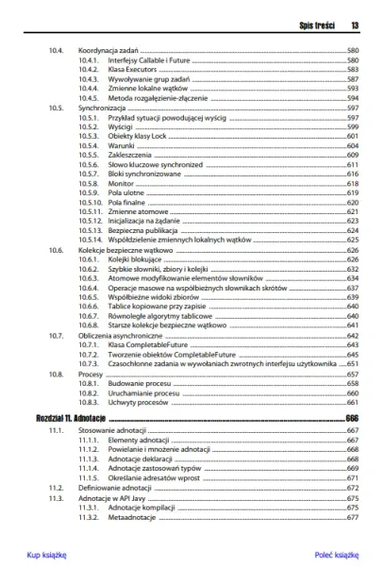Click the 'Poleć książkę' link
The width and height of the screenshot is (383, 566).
(x=336, y=555)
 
